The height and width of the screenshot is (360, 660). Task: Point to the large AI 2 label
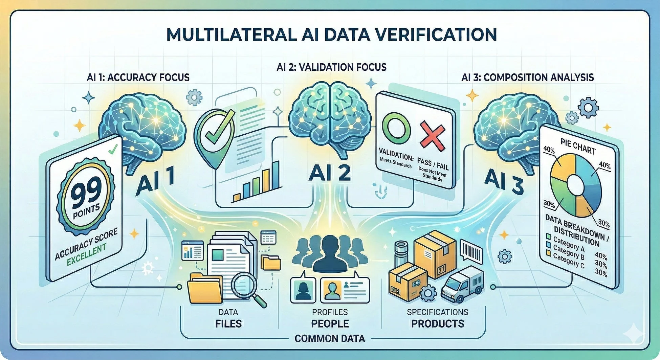tap(330, 173)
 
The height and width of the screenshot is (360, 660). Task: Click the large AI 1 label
tap(155, 183)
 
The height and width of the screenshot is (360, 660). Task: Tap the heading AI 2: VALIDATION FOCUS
tap(331, 67)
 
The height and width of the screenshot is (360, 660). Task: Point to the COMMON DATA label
tap(330, 338)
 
